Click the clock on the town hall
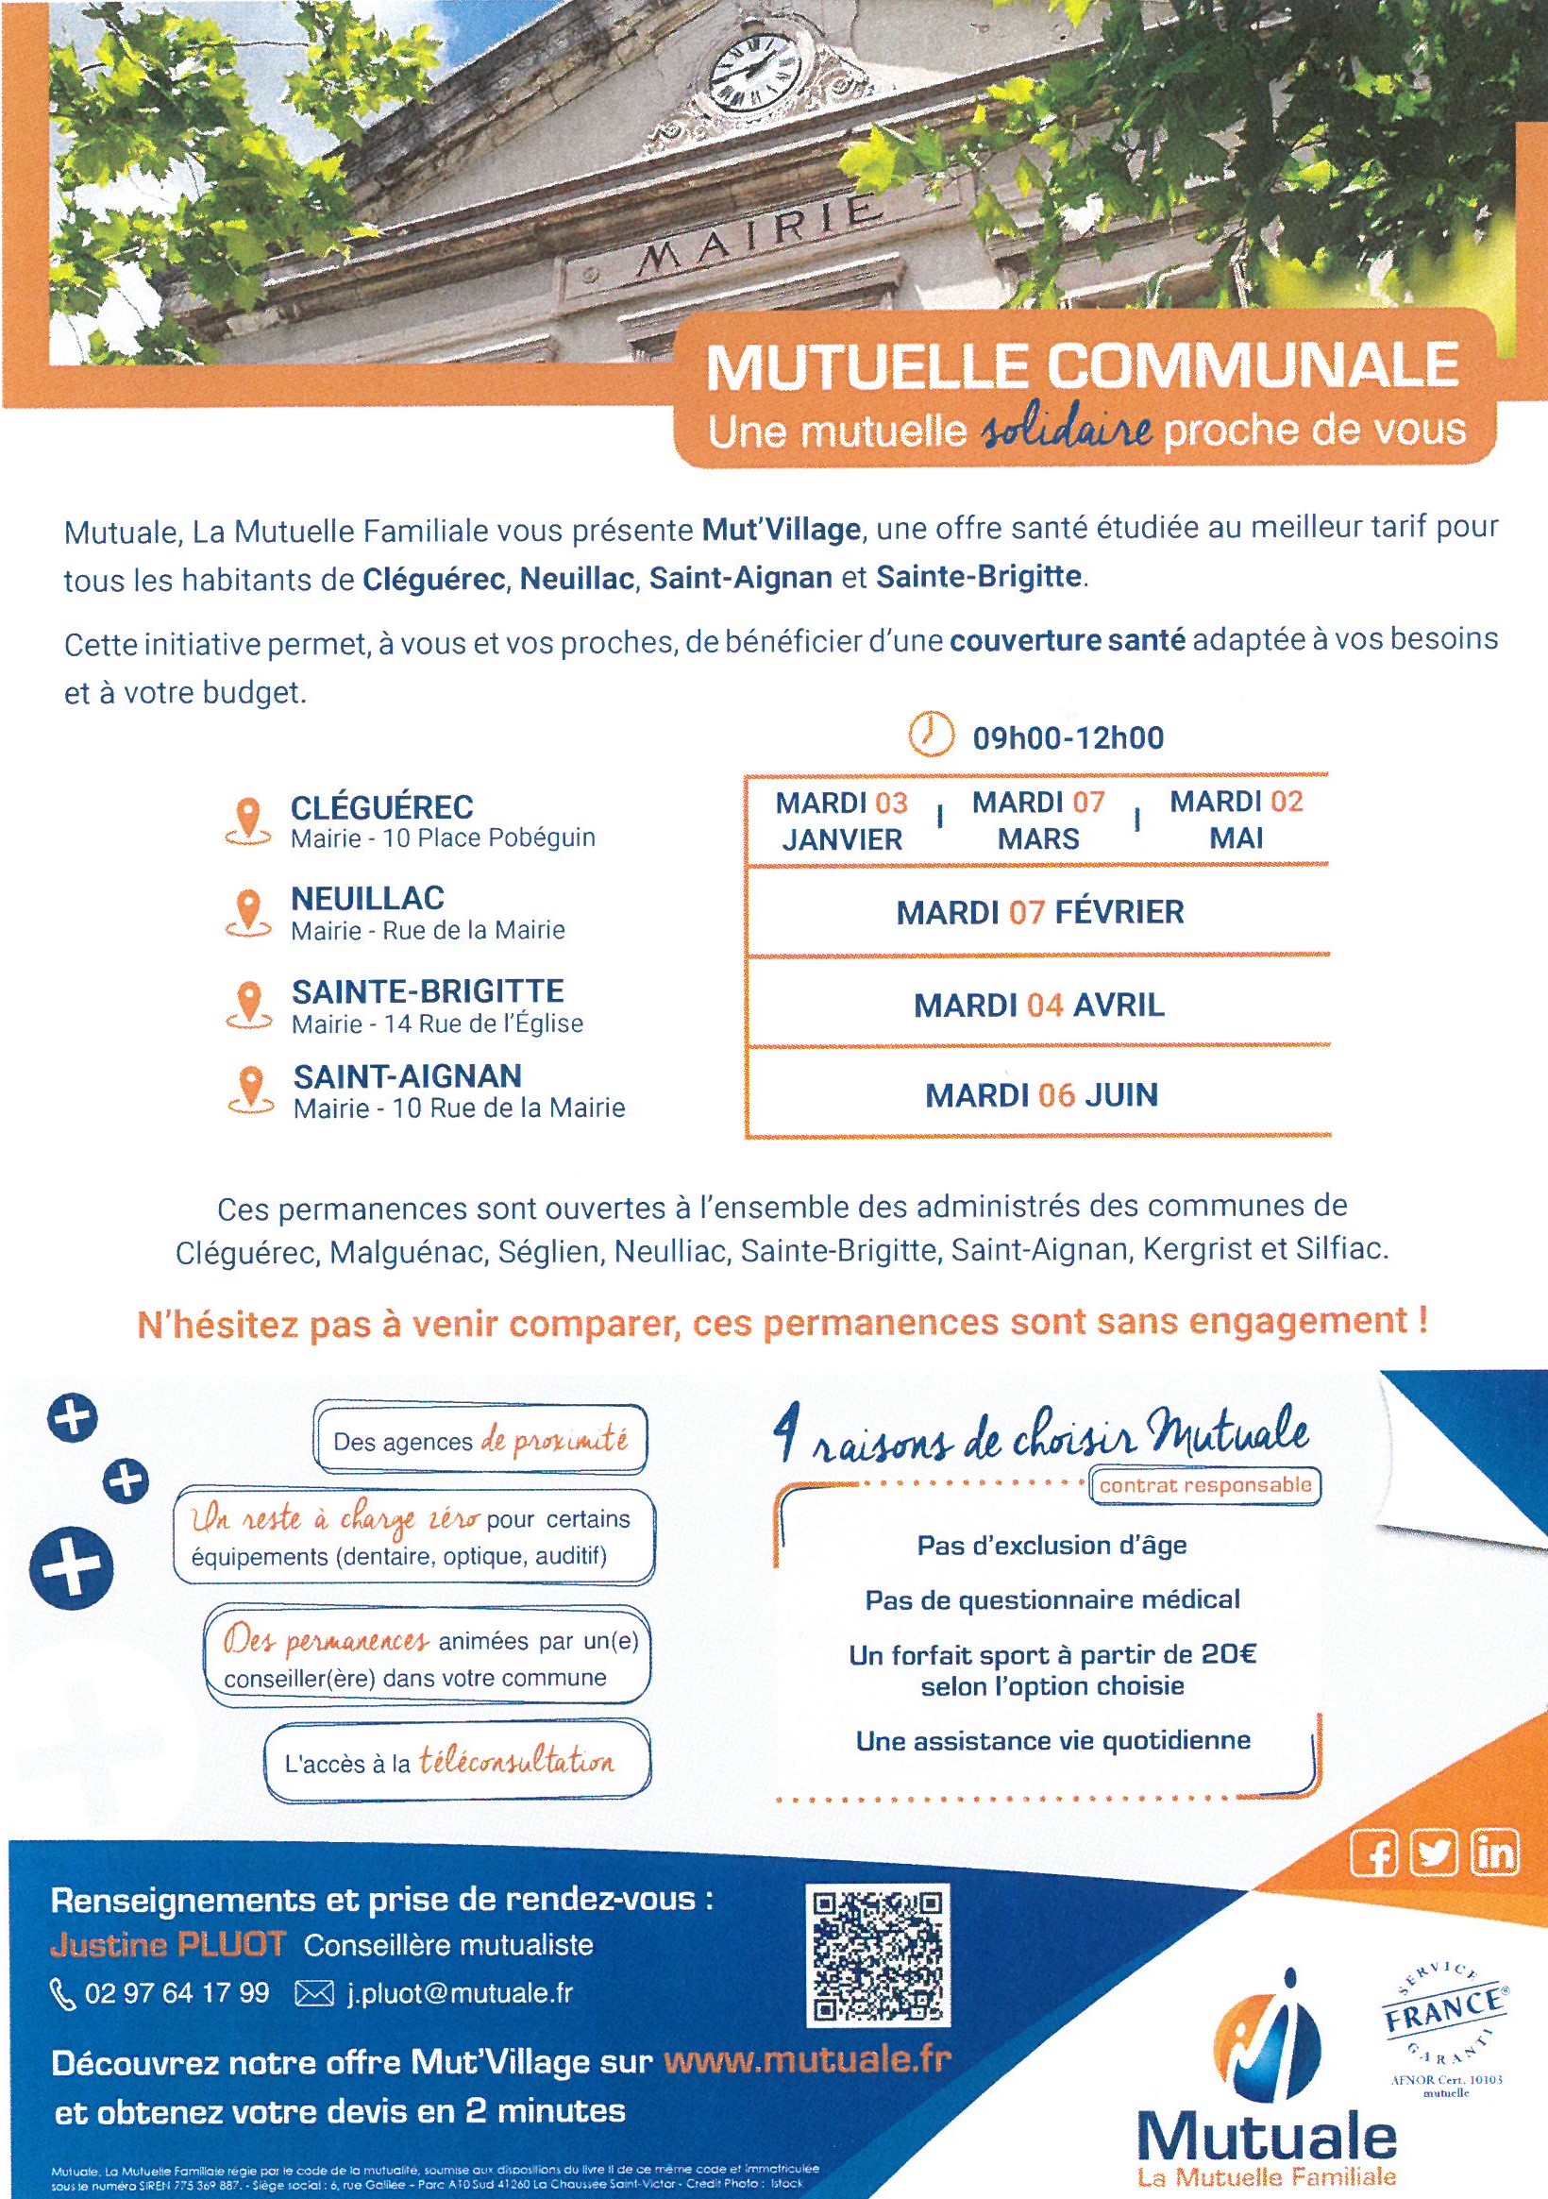point(753,75)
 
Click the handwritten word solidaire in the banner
point(1065,431)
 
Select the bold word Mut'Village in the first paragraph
point(781,528)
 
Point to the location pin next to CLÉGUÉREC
point(247,821)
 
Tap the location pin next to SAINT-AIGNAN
point(249,1091)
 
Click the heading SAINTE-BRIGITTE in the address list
point(428,990)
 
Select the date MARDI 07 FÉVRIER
point(1039,912)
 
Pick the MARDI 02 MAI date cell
point(1236,820)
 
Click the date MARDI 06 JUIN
point(1040,1094)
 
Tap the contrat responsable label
point(1204,1485)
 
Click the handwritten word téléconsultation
point(517,1761)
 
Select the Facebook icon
point(1373,1855)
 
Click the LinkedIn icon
point(1495,1855)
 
